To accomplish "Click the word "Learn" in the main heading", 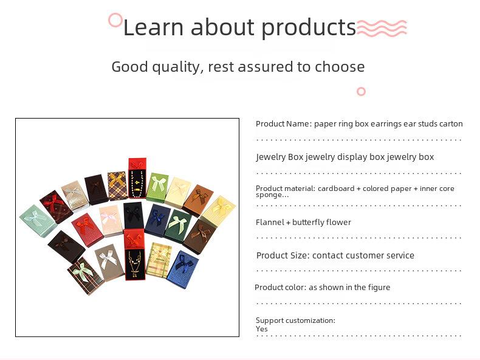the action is pos(153,27).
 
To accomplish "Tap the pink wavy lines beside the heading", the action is pos(382,28).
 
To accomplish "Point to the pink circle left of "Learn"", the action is pos(115,20).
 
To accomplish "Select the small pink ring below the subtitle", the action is pos(362,92).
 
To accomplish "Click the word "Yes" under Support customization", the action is pos(262,329).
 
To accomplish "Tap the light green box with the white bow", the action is pos(157,187).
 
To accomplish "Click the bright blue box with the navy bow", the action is pos(182,269).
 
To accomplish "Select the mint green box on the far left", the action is pos(38,221).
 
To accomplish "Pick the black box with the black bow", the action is pos(134,215).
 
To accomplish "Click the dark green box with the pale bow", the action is pos(177,225).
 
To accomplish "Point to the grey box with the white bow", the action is pos(109,262).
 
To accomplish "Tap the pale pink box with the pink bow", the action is pos(111,221).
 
